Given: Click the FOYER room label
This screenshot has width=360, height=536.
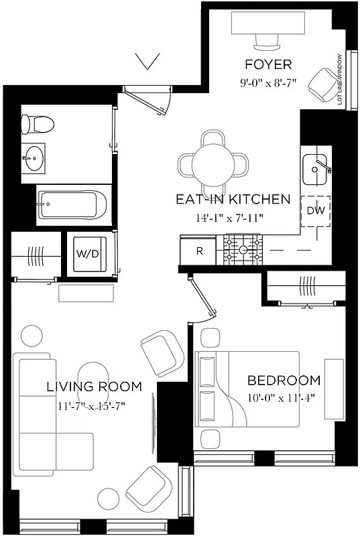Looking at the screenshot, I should click(x=268, y=65).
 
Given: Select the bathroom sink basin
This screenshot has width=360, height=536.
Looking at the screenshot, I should click(x=32, y=159).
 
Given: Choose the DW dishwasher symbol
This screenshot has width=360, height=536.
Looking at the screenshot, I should click(x=316, y=210).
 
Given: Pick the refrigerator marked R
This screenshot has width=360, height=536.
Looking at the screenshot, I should click(x=199, y=252).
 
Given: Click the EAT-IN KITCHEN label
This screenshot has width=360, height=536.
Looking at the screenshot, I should click(x=233, y=199).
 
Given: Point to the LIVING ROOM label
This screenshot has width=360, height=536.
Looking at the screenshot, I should click(x=94, y=387).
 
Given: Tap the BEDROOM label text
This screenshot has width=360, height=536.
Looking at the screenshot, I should click(x=284, y=381).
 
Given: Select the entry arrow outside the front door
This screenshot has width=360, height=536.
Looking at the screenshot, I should click(x=147, y=62).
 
